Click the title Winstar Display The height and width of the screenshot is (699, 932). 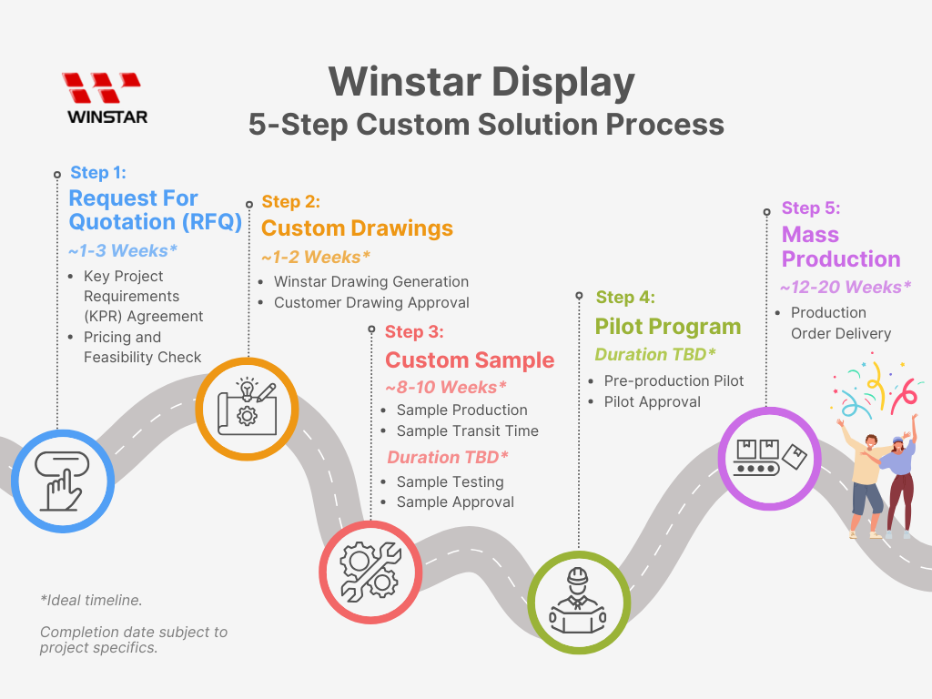point(481,83)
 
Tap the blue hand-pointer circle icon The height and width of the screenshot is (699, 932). point(63,481)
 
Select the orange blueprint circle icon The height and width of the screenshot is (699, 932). point(247,409)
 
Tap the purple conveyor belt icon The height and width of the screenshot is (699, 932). point(768,457)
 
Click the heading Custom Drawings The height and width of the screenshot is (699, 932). point(357,228)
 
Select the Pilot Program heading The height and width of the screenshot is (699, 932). point(667,326)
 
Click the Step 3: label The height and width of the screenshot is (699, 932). point(414,331)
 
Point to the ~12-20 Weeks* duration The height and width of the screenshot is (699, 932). point(845,287)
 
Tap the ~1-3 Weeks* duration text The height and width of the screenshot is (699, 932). point(122,250)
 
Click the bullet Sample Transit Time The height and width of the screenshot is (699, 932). point(467,431)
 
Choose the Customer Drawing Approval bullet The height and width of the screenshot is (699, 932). point(371,302)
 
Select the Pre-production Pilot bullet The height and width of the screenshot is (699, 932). point(674,380)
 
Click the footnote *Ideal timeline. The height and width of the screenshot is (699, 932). point(91,600)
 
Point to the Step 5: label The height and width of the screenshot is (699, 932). point(810,208)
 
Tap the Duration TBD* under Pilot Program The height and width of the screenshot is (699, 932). point(655,354)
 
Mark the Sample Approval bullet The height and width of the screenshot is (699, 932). point(455,501)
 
